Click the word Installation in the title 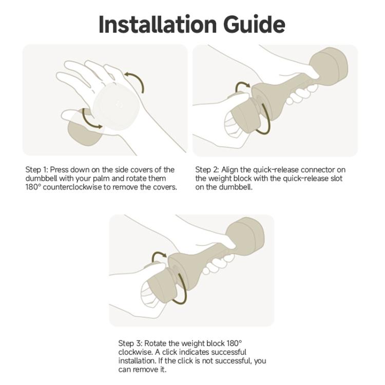click(158, 24)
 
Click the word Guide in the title click(254, 24)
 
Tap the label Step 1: click(36, 170)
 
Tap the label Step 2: click(207, 170)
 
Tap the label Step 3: click(130, 343)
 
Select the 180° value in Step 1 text click(33, 187)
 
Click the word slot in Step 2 click(336, 179)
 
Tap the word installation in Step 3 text click(136, 361)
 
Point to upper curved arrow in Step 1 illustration click(136, 81)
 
